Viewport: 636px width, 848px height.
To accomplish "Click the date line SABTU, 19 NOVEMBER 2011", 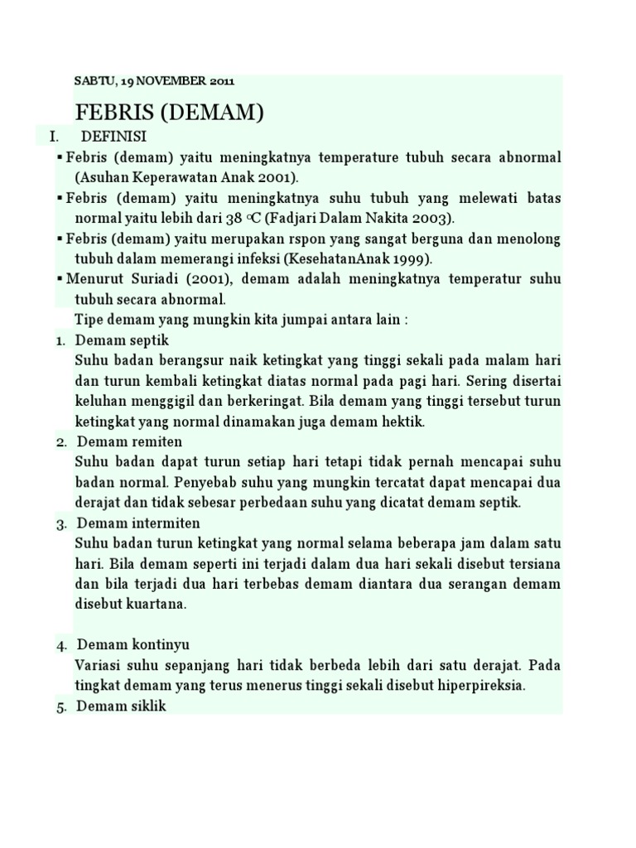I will (155, 81).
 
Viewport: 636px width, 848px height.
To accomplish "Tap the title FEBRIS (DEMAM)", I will (170, 113).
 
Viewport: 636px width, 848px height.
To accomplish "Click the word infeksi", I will (246, 258).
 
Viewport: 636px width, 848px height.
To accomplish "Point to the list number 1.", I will (60, 341).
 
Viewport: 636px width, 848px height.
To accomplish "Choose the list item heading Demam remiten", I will (128, 441).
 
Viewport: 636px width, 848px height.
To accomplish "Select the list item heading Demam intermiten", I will (138, 523).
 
